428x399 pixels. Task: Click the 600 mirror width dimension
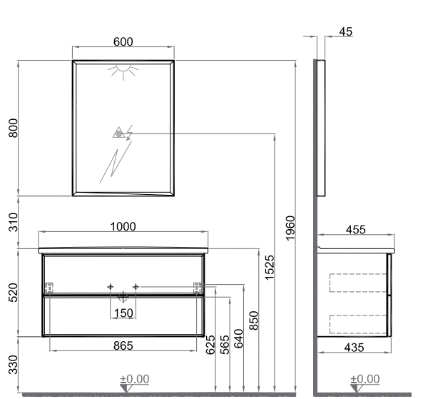(x=123, y=42)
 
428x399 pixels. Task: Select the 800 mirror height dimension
(x=13, y=128)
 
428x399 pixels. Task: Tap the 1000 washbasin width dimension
(x=123, y=227)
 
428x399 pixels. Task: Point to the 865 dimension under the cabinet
(x=123, y=345)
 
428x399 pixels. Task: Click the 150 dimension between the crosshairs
(x=123, y=313)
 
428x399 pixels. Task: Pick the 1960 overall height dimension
(x=290, y=228)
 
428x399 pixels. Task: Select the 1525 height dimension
(x=270, y=268)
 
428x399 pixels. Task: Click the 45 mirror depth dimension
(x=346, y=31)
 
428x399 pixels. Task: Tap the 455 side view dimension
(x=356, y=230)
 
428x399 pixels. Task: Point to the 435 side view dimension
(x=354, y=348)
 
